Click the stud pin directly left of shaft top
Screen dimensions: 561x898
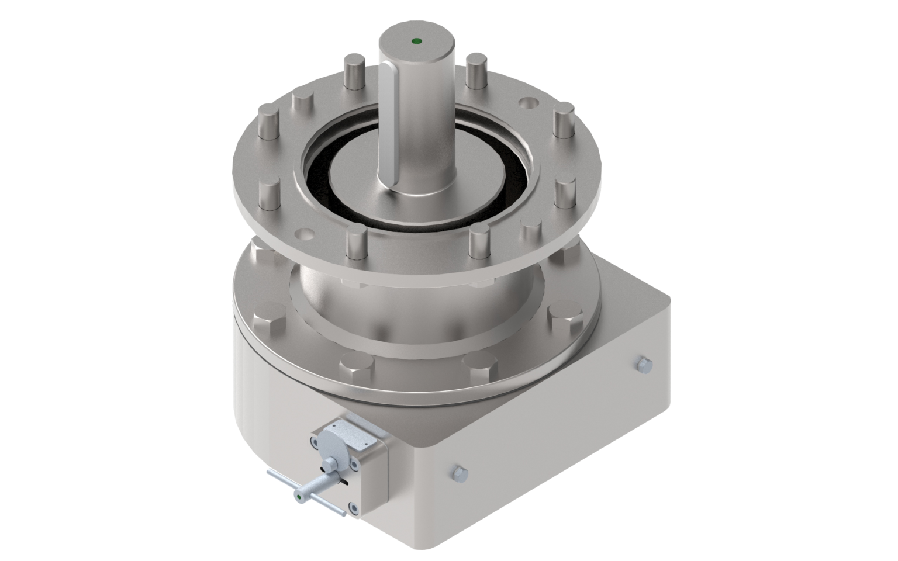click(355, 71)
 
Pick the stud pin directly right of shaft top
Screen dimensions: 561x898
click(476, 70)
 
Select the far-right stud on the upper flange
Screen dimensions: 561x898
click(564, 120)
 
